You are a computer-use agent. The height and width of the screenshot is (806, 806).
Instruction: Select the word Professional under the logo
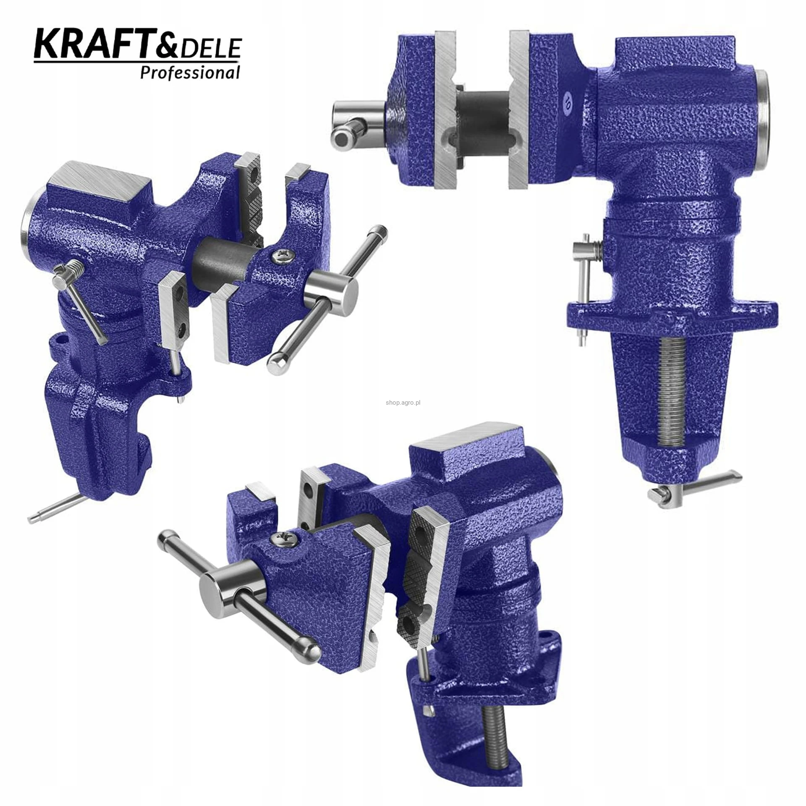pyautogui.click(x=190, y=73)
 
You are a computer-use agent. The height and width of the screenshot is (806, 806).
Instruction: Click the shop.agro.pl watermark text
pyautogui.click(x=403, y=403)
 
